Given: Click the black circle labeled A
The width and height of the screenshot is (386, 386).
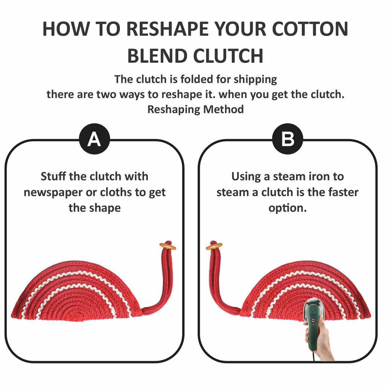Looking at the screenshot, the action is pyautogui.click(x=94, y=139).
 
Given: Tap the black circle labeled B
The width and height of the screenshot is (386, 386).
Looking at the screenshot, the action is pyautogui.click(x=288, y=139).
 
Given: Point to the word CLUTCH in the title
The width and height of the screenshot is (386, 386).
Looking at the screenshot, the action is pyautogui.click(x=228, y=56).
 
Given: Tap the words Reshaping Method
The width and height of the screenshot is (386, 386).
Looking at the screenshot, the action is pyautogui.click(x=196, y=109).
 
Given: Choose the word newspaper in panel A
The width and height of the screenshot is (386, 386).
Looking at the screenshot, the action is pyautogui.click(x=53, y=193).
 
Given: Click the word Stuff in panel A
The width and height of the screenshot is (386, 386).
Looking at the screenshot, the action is pyautogui.click(x=54, y=176).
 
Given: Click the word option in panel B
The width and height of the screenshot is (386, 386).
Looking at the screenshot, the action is pyautogui.click(x=288, y=208).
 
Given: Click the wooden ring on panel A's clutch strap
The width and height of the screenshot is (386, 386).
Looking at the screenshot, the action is pyautogui.click(x=168, y=246).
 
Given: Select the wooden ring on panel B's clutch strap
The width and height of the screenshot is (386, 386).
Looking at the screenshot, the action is pyautogui.click(x=214, y=246).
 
